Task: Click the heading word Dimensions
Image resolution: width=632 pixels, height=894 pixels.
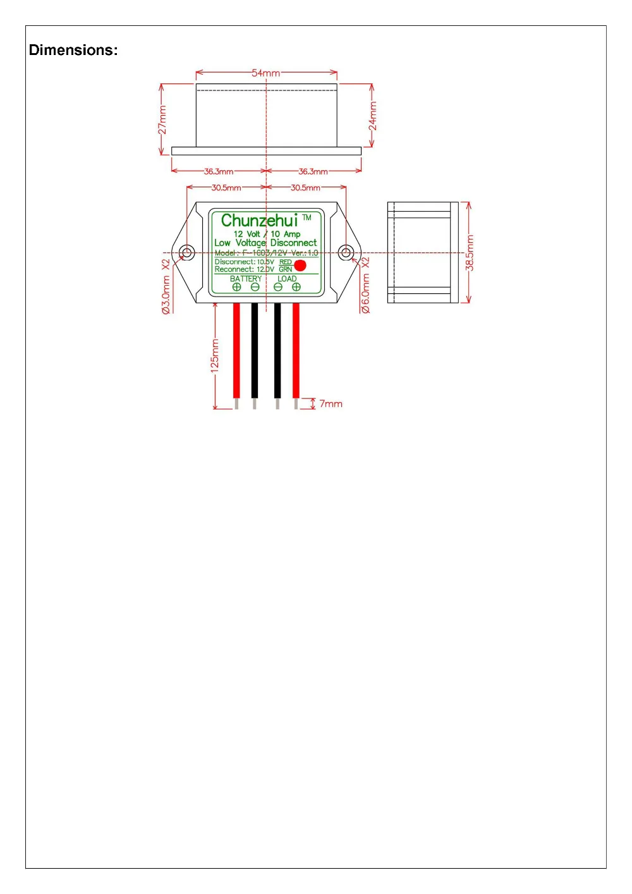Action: point(73,50)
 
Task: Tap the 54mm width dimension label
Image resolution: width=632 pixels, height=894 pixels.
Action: point(265,73)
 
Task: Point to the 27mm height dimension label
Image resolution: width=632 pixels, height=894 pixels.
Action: point(162,119)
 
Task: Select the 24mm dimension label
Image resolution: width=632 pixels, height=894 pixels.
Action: point(372,116)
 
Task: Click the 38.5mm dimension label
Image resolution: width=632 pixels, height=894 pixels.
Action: point(470,253)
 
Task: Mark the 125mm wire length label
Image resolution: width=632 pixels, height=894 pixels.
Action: point(215,355)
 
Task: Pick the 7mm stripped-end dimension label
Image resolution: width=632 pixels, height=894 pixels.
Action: point(331,403)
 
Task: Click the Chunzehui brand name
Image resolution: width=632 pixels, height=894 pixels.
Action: point(259,221)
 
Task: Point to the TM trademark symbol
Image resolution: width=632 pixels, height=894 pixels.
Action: point(307,217)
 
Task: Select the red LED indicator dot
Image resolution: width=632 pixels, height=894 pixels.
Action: point(300,266)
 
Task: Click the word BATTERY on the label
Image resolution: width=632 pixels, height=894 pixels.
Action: point(246,279)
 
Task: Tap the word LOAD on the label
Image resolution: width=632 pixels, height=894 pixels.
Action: point(287,279)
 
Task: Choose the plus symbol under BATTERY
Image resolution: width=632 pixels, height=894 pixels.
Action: point(237,287)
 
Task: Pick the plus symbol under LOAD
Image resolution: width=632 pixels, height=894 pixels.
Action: point(296,287)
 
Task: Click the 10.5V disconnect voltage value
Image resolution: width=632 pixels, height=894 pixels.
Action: point(265,262)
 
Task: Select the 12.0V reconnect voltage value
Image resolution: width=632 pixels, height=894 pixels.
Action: point(265,269)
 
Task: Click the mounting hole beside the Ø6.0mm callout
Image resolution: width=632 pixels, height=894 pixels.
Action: point(345,253)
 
